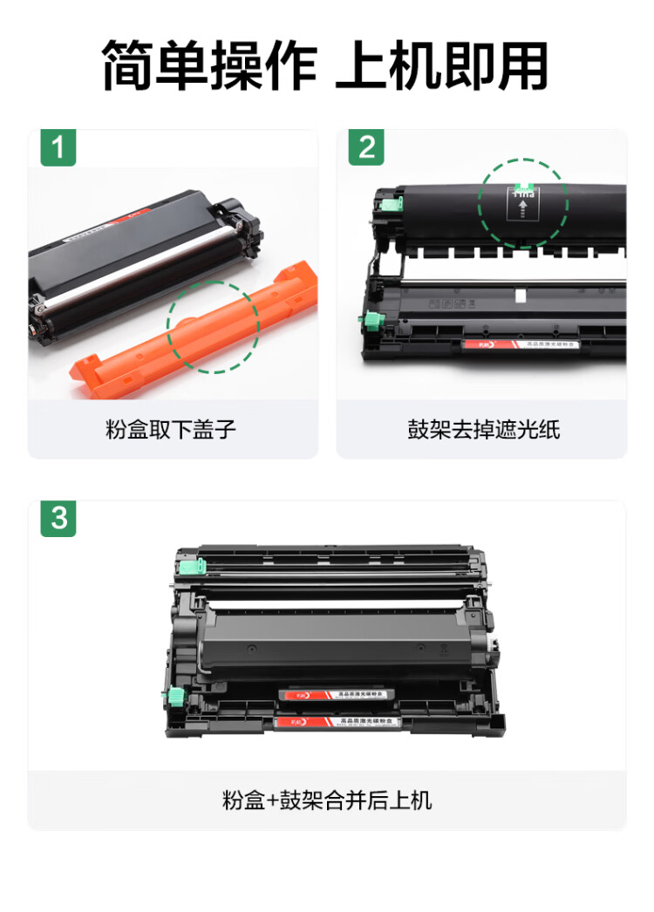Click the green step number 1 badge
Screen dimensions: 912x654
pos(58,148)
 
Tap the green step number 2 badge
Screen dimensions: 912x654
pos(366,148)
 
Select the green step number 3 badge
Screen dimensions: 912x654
pos(58,519)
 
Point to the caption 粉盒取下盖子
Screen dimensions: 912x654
pos(171,429)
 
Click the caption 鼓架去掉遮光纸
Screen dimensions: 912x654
pos(482,429)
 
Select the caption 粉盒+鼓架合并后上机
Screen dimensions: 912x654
pos(327,800)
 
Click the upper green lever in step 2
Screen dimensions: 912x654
pos(389,204)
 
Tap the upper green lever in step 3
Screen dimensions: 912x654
pos(190,566)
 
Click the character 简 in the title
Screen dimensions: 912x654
pos(128,66)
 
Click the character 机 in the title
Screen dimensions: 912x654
pos(412,66)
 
